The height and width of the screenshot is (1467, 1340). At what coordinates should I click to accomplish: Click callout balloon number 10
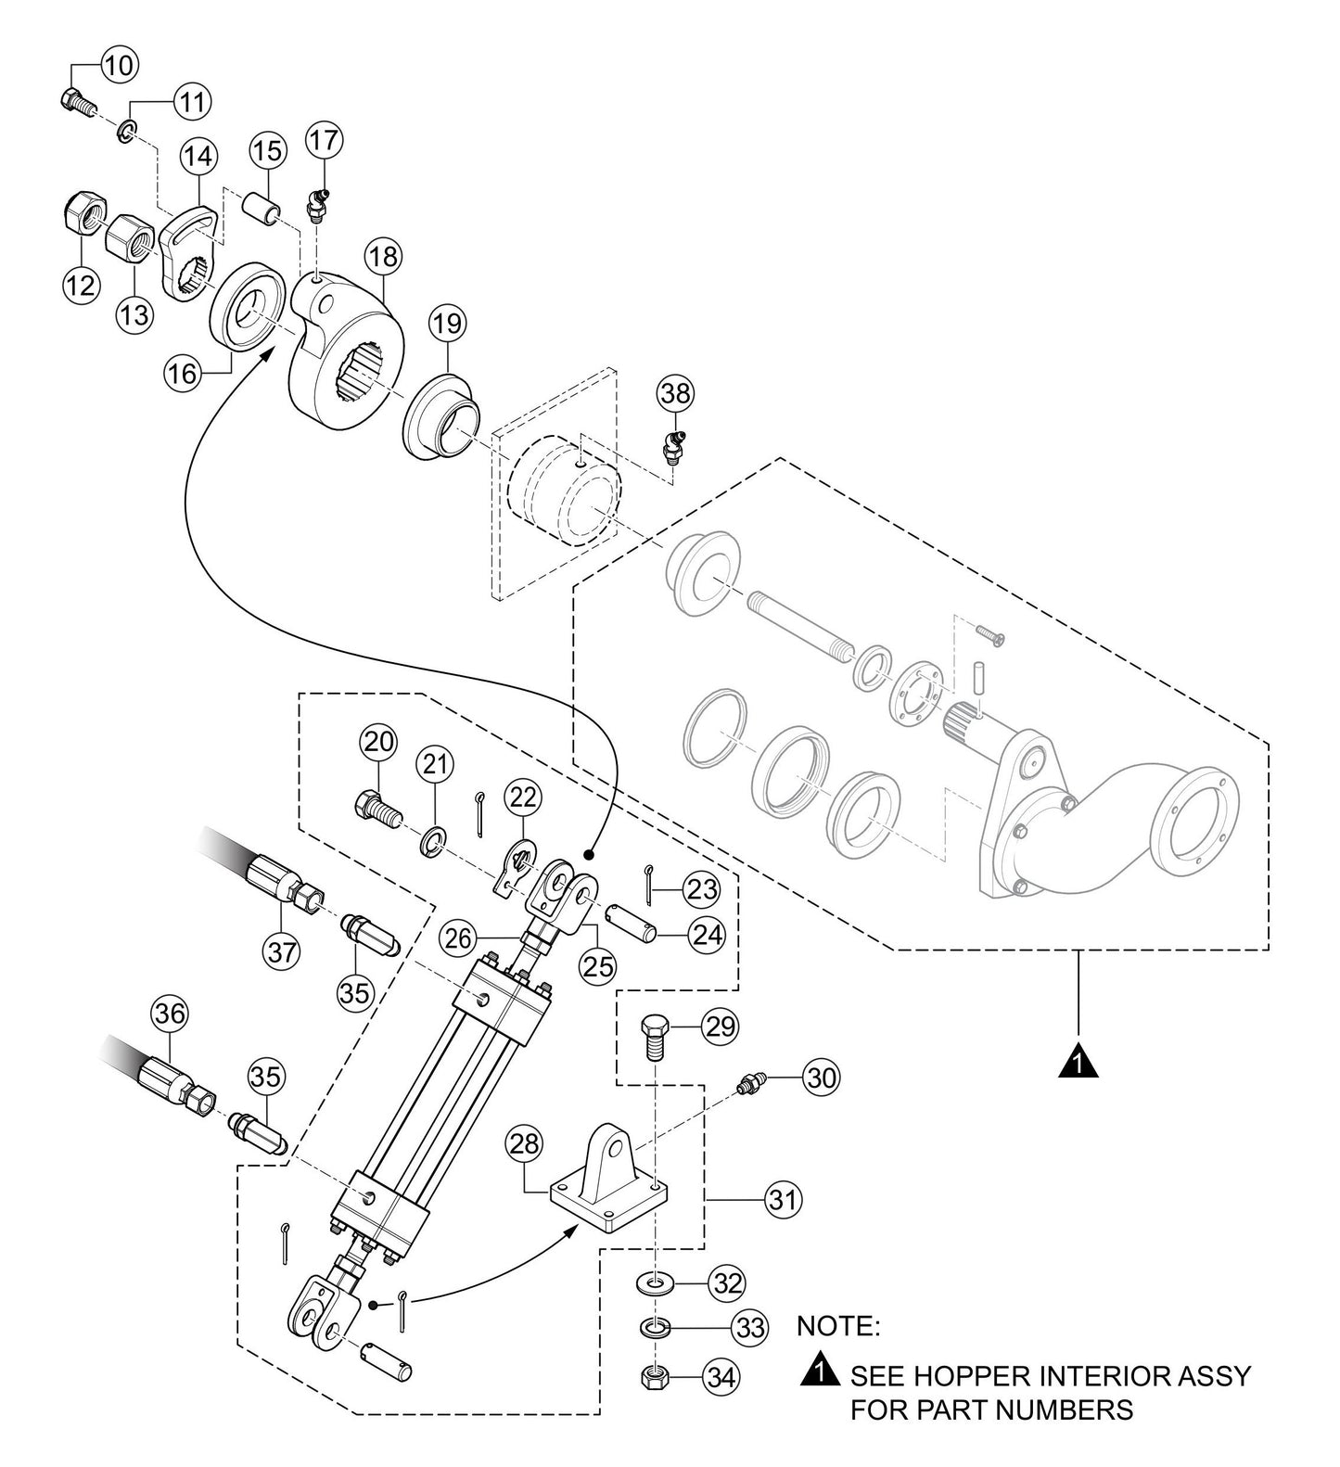(x=118, y=66)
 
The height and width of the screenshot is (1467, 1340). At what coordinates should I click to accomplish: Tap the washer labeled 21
(x=431, y=840)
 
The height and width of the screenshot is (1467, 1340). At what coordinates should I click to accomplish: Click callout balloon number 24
(x=708, y=936)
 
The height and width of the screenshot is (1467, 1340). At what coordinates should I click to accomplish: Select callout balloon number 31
(x=784, y=1199)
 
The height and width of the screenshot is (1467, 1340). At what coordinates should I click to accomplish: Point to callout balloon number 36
(x=170, y=1014)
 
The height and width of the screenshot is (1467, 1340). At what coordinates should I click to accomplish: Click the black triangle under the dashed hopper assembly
(x=1078, y=1061)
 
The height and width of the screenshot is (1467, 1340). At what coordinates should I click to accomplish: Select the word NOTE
(x=837, y=1326)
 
